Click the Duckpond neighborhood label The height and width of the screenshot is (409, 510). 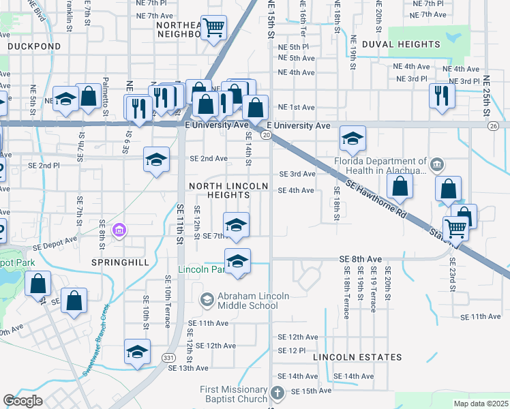pos(34,46)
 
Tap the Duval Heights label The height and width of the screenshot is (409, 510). pos(401,44)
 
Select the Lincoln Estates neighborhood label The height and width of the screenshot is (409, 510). pos(357,357)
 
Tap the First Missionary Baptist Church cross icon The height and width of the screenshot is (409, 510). pos(277,393)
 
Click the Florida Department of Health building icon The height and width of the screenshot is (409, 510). pos(437,164)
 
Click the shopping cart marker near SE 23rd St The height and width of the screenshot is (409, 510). pos(455,228)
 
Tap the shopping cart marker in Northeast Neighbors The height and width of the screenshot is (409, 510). pos(214,28)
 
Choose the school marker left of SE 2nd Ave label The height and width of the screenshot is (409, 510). pos(156,160)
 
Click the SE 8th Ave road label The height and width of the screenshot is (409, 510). pos(361,259)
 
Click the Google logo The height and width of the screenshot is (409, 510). pos(23,401)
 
